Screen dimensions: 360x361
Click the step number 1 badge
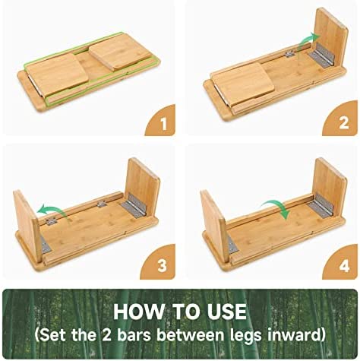click(x=162, y=122)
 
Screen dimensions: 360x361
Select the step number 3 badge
click(x=160, y=264)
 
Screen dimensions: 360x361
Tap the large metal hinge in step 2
click(x=322, y=55)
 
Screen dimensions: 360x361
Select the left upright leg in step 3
click(x=28, y=226)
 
